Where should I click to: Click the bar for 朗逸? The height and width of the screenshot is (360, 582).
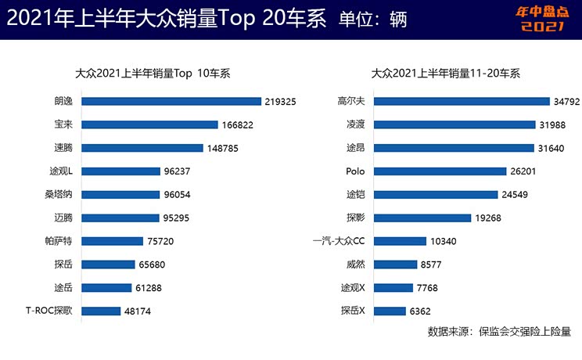click(x=171, y=101)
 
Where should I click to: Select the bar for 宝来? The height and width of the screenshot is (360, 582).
click(x=149, y=124)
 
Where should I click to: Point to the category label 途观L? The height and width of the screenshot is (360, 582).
click(x=59, y=171)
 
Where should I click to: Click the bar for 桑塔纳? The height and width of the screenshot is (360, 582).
click(x=122, y=195)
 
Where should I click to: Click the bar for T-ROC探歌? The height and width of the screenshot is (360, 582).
click(x=101, y=311)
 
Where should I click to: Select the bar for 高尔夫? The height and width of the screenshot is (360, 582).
click(x=462, y=101)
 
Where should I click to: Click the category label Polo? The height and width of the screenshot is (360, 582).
click(x=355, y=171)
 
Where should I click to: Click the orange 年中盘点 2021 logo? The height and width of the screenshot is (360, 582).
click(x=541, y=19)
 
